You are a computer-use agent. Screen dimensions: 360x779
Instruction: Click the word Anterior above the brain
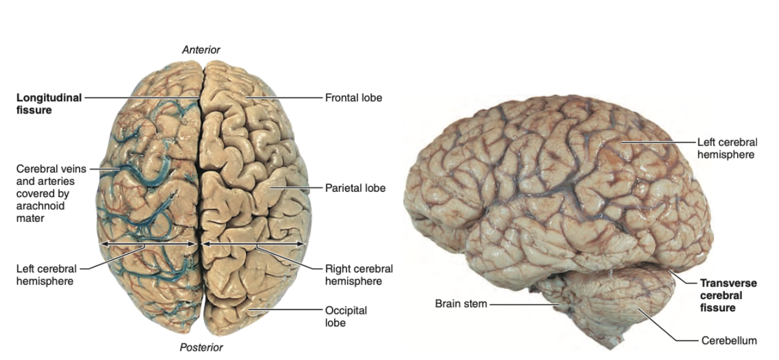(x=201, y=49)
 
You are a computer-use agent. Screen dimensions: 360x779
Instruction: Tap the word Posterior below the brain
(x=201, y=347)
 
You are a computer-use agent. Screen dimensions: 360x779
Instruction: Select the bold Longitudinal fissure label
(x=49, y=104)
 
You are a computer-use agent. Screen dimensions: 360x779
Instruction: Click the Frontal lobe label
(x=354, y=97)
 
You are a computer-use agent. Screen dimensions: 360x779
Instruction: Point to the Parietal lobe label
(x=356, y=187)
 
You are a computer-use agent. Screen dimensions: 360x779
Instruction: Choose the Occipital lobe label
(x=346, y=316)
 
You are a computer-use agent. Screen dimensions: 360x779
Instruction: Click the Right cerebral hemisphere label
(x=359, y=275)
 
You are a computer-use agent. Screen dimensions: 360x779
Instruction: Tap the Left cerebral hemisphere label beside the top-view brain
(x=47, y=275)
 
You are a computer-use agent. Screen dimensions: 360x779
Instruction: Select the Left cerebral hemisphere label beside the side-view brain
(x=727, y=148)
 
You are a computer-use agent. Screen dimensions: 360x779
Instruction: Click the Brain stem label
(x=461, y=303)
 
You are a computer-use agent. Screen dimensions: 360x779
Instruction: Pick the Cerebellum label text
(x=728, y=340)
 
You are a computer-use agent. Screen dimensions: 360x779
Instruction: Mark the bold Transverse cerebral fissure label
(x=728, y=295)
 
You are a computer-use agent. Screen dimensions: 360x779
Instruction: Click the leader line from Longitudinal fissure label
(x=142, y=97)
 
